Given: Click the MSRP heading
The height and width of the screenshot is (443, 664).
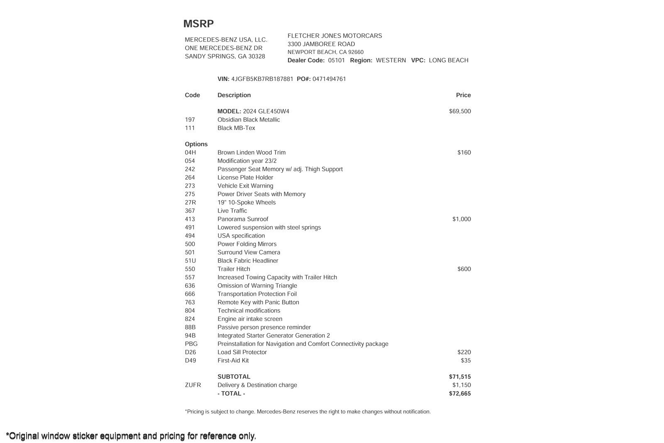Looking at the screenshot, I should [x=198, y=24].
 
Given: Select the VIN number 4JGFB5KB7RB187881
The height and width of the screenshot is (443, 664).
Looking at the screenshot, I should [x=262, y=79].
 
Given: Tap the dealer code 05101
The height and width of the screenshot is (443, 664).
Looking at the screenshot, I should [x=336, y=60].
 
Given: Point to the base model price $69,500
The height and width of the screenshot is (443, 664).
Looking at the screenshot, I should [x=460, y=111].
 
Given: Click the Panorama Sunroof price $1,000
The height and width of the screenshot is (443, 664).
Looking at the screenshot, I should [x=461, y=219].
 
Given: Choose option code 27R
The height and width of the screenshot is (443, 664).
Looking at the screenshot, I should [x=190, y=203].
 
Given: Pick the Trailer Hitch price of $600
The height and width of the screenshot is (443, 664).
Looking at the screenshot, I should [x=464, y=269].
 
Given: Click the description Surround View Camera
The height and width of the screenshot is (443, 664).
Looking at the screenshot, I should [x=249, y=252].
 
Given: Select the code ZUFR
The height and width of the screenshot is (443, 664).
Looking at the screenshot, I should [x=193, y=385].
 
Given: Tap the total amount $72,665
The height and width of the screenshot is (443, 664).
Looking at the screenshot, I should [x=460, y=394].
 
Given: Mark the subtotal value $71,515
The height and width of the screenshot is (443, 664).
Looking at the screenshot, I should [x=460, y=377].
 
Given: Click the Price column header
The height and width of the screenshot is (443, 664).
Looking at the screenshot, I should [x=463, y=95].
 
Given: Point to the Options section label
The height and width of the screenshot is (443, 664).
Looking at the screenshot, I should [x=196, y=144].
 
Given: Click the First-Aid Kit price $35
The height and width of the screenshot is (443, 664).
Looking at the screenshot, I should [x=466, y=360].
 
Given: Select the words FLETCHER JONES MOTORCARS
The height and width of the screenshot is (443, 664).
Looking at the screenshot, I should [x=334, y=36].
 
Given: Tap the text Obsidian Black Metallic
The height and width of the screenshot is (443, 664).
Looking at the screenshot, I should [x=249, y=120].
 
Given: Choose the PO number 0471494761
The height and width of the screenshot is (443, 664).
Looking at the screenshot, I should [x=329, y=79].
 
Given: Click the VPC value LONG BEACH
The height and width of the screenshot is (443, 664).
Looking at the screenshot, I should [x=448, y=60].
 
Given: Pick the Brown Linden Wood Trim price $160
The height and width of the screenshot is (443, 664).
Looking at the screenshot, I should [x=464, y=152].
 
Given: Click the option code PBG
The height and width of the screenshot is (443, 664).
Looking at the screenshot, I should [x=191, y=344].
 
